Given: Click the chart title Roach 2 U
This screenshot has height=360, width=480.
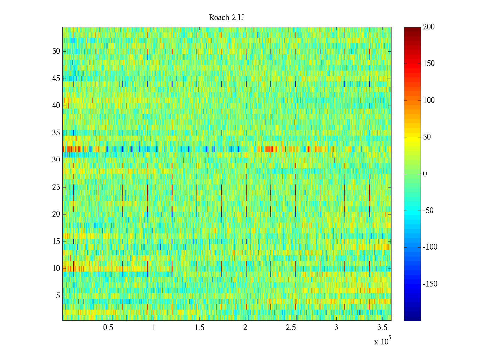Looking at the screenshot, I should (226, 18).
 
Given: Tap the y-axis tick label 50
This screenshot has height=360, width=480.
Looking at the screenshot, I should (56, 51).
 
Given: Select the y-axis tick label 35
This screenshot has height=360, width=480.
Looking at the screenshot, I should (56, 133).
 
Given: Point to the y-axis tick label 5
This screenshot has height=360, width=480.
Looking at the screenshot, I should (58, 296).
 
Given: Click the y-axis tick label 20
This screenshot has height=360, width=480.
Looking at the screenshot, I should (56, 214).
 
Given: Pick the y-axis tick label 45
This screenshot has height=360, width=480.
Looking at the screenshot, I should (56, 78).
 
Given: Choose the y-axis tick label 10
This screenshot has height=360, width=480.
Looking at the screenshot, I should (56, 268).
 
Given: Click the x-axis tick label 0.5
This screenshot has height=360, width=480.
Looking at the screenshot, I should (108, 328).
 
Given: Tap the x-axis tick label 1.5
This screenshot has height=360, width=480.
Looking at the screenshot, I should (199, 328).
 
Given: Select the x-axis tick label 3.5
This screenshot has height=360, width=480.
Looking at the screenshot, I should (382, 328).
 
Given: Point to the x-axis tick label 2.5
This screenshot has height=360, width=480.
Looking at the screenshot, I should (291, 328).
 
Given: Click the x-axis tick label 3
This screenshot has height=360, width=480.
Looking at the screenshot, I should (336, 328).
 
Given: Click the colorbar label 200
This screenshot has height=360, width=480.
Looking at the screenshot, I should (429, 27).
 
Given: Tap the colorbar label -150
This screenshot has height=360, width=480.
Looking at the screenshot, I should (430, 284).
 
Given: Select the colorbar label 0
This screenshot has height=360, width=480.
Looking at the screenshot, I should (425, 174).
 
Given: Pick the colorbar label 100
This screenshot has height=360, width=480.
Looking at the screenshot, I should (429, 100).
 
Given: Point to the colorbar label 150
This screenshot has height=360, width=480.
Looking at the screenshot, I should (429, 64).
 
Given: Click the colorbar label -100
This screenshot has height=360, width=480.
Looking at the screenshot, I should (430, 247).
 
